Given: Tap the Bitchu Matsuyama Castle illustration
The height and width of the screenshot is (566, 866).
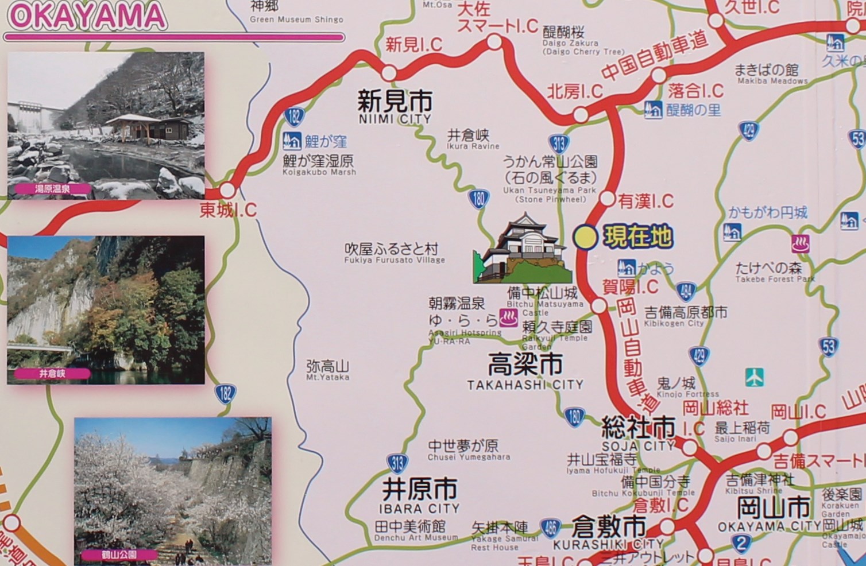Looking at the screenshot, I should tap(521, 250).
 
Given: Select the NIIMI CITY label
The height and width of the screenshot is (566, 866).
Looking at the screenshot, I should tap(394, 107).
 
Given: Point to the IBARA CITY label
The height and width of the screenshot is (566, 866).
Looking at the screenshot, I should tap(420, 496).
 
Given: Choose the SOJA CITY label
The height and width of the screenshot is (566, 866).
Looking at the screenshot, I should tap(638, 433).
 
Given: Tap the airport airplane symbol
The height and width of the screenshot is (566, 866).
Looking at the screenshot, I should tap(754, 377).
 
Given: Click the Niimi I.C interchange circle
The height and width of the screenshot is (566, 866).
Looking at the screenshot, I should tap(389, 73).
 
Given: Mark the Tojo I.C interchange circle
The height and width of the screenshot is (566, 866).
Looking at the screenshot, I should tap(227, 190).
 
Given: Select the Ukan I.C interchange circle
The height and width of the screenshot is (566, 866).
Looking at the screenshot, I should tap(607, 199).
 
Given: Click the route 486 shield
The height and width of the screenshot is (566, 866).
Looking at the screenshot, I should tap(550, 528).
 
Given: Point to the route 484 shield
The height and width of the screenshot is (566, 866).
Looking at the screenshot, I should tap(686, 291).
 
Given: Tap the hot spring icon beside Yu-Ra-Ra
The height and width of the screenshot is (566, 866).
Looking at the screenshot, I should tap(508, 317).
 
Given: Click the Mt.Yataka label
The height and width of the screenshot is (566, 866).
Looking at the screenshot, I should tap(327, 370).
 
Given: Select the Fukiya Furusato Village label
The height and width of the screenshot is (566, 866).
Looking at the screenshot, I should tap(394, 253).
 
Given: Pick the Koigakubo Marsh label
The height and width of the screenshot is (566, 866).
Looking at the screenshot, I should tap(319, 165).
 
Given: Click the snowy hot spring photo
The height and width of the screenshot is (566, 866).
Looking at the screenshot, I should tap(106, 125).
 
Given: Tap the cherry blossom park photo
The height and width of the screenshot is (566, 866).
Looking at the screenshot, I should tap(172, 491).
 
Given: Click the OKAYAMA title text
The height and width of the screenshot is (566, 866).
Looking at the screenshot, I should tap(86, 16).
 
